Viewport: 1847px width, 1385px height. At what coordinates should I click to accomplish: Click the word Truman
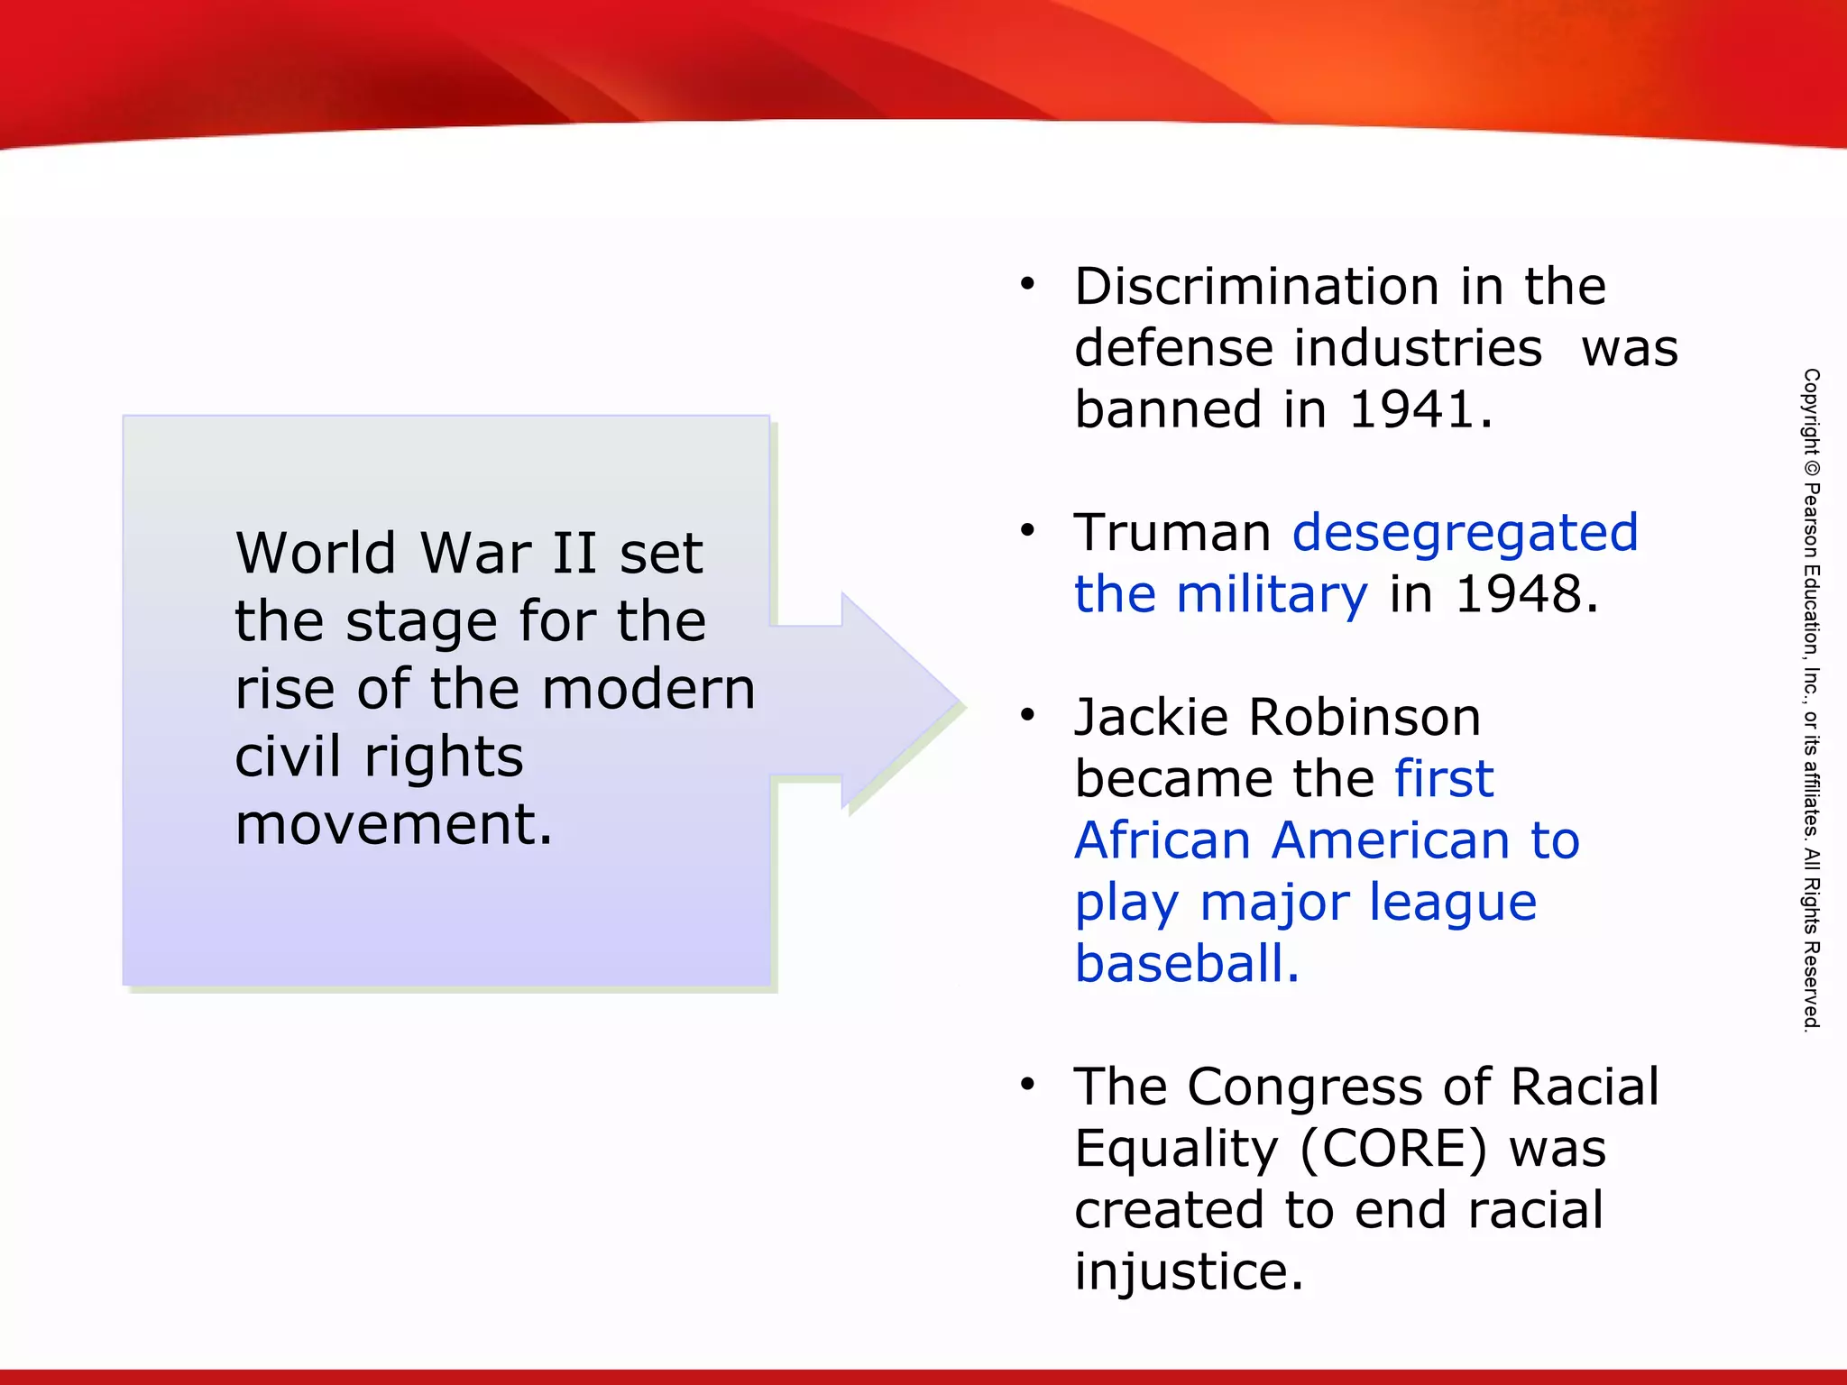(1172, 532)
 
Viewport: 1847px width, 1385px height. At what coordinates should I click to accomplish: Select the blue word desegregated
(1465, 534)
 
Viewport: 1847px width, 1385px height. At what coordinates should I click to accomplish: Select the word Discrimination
(1256, 287)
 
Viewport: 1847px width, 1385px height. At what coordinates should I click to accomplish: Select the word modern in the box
(648, 689)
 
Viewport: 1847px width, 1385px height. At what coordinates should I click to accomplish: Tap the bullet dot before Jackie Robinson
(1027, 716)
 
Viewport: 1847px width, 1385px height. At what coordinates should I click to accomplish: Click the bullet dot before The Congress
(1027, 1085)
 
